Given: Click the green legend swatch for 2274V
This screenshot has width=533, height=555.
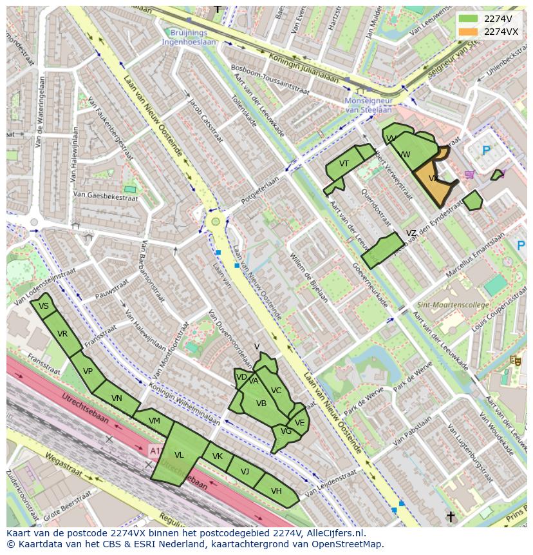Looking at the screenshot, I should [x=469, y=19].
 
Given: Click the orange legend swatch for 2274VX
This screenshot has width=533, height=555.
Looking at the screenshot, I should [x=469, y=32].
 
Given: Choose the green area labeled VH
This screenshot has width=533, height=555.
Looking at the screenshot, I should [x=277, y=492].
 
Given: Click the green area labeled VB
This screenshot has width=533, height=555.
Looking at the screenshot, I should [x=261, y=404].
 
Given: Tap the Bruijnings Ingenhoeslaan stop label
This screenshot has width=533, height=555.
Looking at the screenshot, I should [x=189, y=37].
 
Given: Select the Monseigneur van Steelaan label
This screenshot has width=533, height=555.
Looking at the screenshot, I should [x=368, y=105].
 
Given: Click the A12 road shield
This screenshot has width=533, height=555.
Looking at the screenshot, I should [x=155, y=449].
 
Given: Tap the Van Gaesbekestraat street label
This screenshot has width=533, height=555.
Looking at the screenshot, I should [x=106, y=195].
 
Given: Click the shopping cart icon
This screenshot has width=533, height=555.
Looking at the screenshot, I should [x=469, y=174].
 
